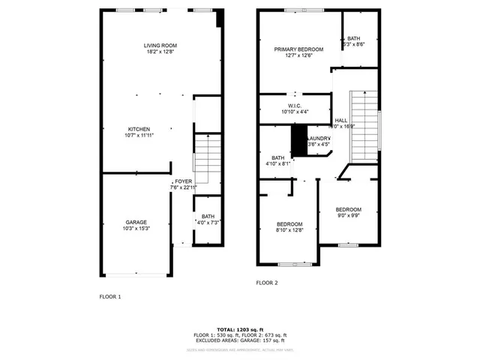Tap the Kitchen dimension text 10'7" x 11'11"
point(139,136)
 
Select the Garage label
point(136,221)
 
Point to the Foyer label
point(183,181)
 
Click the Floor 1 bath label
point(207,216)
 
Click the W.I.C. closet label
point(294,106)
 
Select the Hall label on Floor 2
point(340,120)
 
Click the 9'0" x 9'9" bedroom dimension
point(348,216)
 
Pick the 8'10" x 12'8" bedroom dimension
point(289,230)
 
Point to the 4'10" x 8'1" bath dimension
point(277,163)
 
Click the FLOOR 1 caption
point(110,297)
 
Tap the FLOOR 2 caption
point(266,283)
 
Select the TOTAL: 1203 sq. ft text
point(240,329)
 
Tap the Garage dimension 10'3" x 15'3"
point(136,228)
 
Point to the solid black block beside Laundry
point(299,140)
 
